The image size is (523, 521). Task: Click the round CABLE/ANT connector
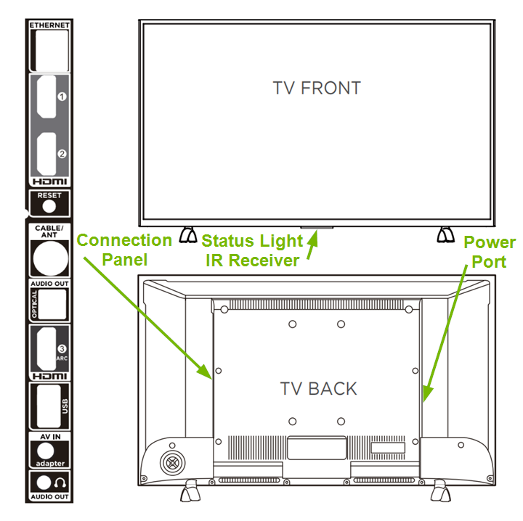tap(49, 256)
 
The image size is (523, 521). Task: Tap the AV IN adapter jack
tap(49, 451)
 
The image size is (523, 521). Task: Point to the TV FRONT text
tap(317, 89)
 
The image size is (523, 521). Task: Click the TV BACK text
tap(319, 388)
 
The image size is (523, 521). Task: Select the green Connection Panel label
tap(124, 249)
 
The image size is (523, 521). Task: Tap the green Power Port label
tap(490, 251)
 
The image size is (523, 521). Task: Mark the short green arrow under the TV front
tap(312, 249)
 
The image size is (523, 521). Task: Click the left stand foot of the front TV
tap(187, 235)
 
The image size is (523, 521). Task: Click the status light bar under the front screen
tap(317, 229)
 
